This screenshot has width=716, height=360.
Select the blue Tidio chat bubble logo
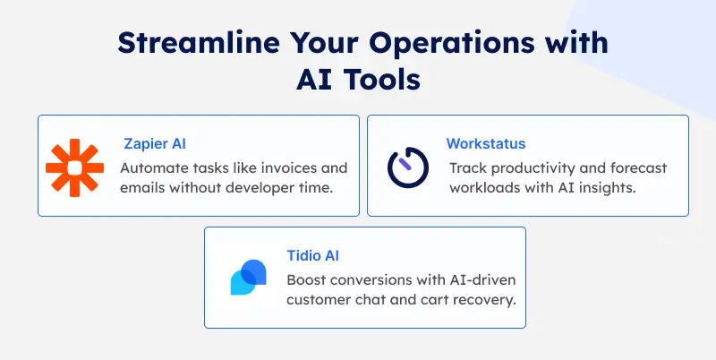[248, 278]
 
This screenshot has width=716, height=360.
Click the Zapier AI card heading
[155, 143]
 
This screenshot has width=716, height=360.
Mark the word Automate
[153, 167]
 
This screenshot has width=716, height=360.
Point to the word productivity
[531, 167]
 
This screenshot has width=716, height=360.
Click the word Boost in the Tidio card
[306, 279]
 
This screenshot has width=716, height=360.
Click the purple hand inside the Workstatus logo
[405, 162]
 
